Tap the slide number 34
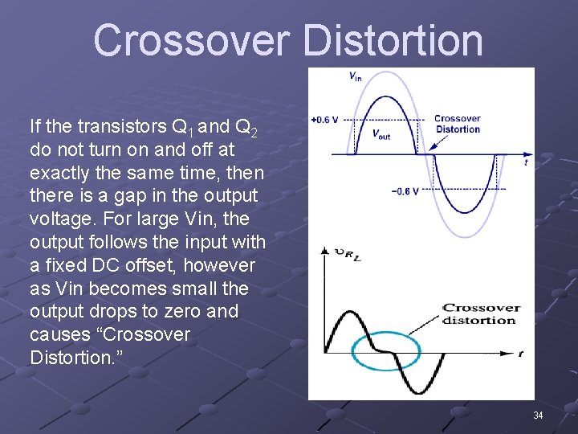click(538, 416)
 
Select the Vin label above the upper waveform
click(355, 76)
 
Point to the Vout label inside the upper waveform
click(381, 134)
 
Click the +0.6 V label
click(324, 120)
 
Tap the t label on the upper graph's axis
click(526, 162)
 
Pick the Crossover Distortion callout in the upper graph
click(458, 124)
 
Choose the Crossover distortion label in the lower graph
click(479, 313)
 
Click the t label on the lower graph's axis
click(521, 354)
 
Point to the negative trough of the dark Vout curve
click(470, 212)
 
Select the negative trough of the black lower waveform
click(429, 392)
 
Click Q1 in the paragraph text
click(180, 127)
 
